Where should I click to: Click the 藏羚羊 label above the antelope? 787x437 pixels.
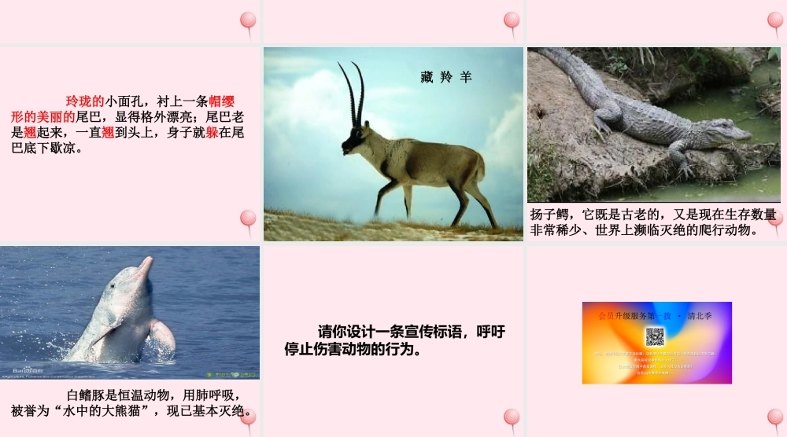(x=445, y=77)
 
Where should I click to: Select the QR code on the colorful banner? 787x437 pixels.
(x=656, y=337)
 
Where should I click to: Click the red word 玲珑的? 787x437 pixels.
(x=85, y=101)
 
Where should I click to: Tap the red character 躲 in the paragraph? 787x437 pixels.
(x=212, y=132)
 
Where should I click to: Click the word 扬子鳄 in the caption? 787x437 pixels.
(x=549, y=215)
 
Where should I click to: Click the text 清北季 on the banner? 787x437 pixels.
(x=699, y=316)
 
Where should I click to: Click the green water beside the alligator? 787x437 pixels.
(x=732, y=182)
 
